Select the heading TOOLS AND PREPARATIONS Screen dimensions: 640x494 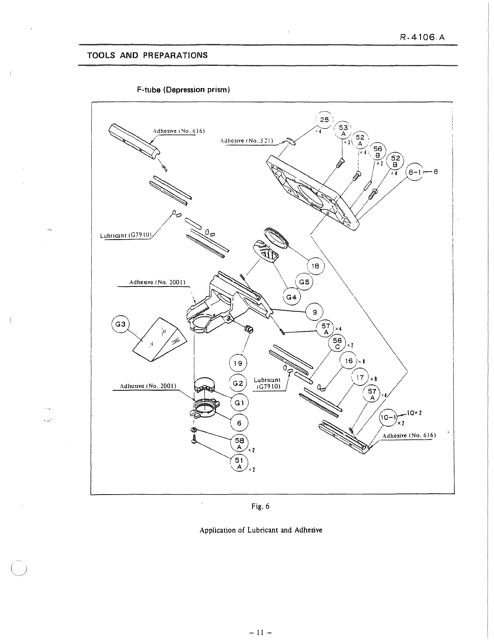tap(147, 55)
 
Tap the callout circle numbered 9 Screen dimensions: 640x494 tap(315, 312)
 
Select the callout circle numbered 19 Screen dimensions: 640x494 tap(238, 363)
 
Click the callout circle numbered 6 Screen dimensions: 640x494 tap(239, 423)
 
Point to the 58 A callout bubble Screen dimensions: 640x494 tap(239, 444)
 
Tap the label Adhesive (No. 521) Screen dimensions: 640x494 tap(246, 141)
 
